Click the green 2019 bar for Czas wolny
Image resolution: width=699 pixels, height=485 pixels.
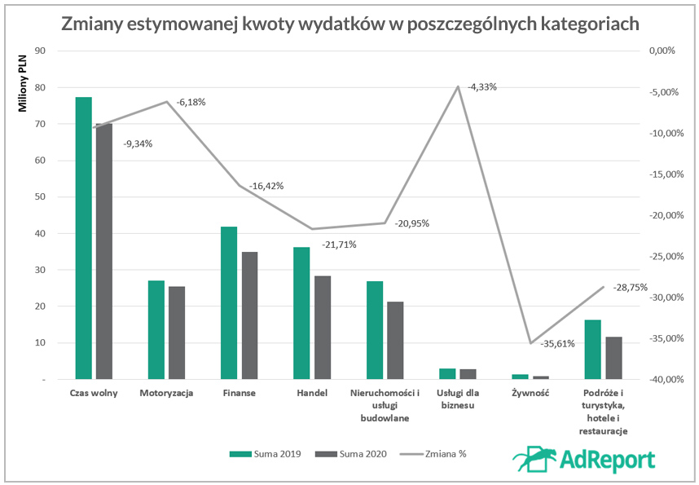pyautogui.click(x=83, y=238)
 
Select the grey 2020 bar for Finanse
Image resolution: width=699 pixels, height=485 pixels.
pyautogui.click(x=249, y=315)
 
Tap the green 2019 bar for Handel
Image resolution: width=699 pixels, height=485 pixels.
pyautogui.click(x=301, y=313)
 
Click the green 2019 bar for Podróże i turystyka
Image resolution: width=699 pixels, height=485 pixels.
pyautogui.click(x=592, y=349)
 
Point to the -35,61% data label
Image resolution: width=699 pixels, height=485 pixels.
pyautogui.click(x=557, y=343)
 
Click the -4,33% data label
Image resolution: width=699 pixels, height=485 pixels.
pyautogui.click(x=482, y=86)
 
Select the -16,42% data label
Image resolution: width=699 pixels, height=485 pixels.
pyautogui.click(x=266, y=186)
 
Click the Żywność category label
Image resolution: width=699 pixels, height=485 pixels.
pyautogui.click(x=530, y=393)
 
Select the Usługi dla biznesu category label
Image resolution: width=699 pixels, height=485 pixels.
pyautogui.click(x=457, y=399)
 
